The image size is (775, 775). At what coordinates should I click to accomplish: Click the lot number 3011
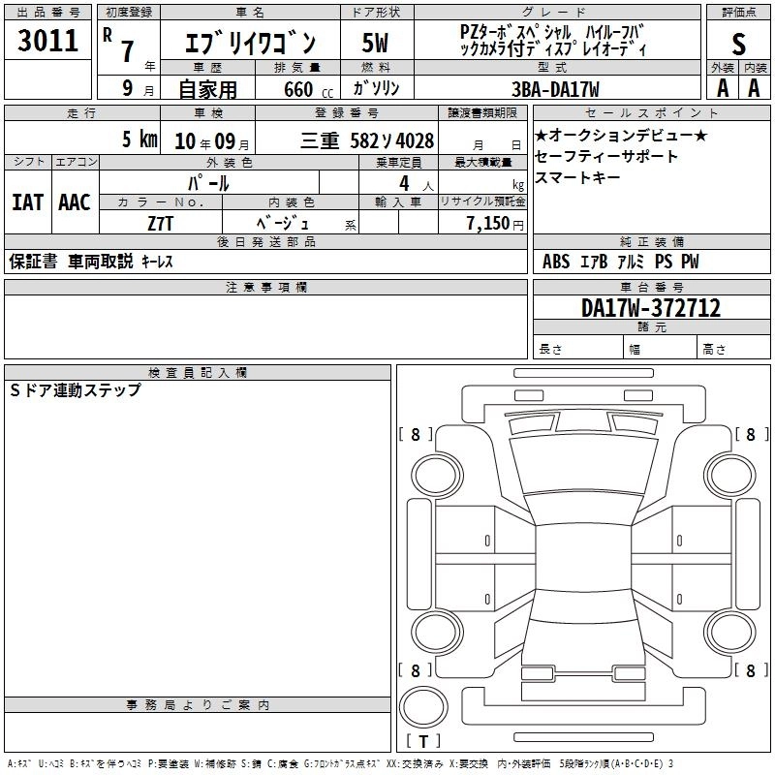click(47, 41)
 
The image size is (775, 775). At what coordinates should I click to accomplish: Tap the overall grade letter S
click(738, 44)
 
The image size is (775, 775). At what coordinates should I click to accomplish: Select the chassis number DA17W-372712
click(651, 308)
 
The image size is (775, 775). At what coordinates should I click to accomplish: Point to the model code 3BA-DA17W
click(555, 89)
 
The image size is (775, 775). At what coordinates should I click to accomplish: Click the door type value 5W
click(375, 43)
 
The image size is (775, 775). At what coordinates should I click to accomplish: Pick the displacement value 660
click(298, 89)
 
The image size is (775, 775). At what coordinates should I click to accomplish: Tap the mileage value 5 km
click(139, 139)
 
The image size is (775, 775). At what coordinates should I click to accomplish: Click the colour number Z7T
click(160, 224)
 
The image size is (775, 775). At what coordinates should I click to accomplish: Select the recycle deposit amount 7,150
click(488, 224)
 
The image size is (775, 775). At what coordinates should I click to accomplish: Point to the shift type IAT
click(27, 202)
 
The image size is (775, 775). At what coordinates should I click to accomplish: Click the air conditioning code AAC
click(75, 202)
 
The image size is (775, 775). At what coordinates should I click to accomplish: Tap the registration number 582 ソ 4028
click(392, 140)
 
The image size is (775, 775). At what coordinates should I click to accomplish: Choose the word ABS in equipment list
click(556, 262)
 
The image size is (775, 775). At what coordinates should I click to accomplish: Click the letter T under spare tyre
click(423, 741)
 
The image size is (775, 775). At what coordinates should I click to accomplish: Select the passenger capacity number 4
click(404, 184)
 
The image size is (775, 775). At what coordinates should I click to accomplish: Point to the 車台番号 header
click(651, 287)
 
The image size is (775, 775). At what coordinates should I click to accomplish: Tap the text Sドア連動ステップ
click(76, 390)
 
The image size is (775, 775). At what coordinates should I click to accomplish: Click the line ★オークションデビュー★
click(621, 135)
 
